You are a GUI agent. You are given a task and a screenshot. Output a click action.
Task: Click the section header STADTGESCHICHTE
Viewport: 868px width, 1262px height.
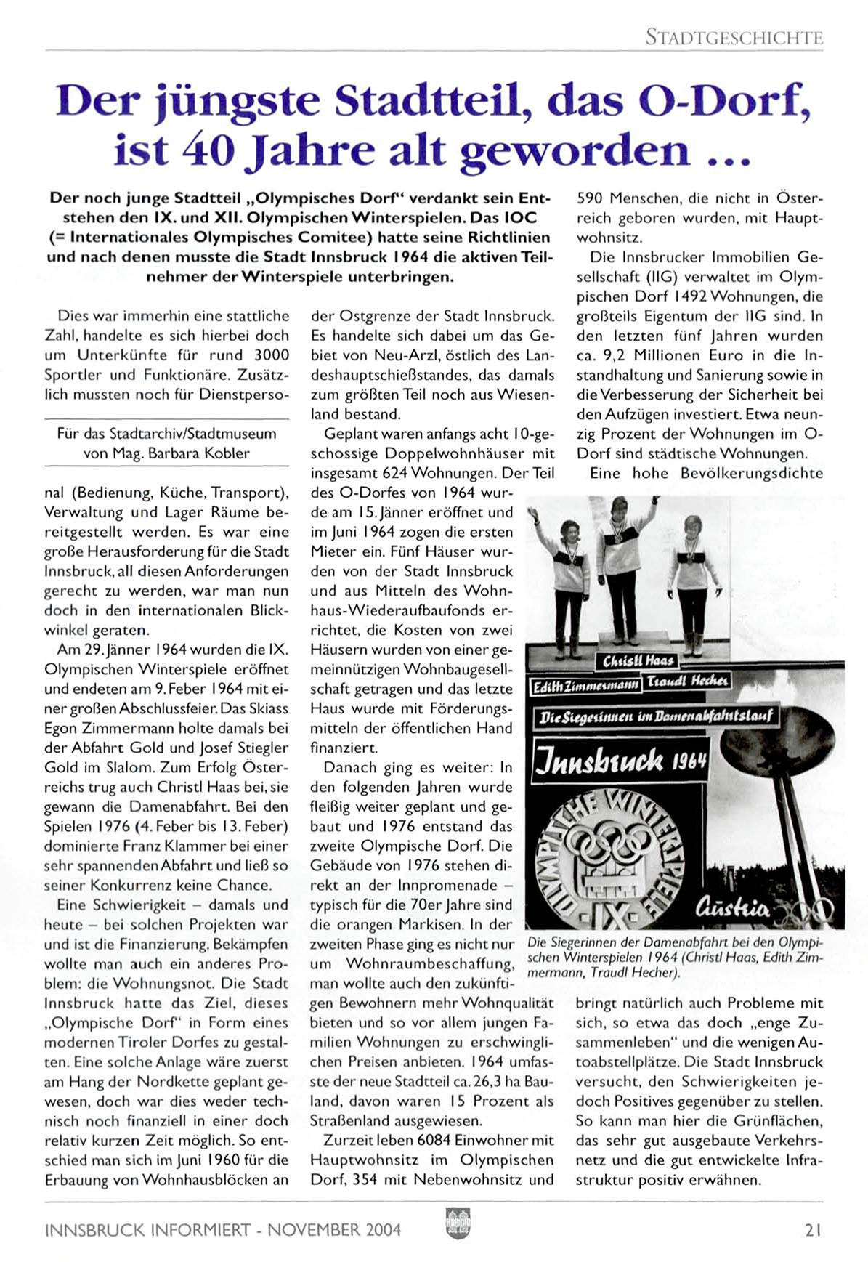[734, 37]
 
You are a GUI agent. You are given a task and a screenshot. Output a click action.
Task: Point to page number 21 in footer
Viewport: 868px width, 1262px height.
[813, 1230]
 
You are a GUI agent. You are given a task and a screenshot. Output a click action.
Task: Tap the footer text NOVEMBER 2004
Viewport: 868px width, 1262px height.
[334, 1230]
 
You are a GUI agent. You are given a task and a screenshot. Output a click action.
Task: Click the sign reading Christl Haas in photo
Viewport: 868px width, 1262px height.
[638, 660]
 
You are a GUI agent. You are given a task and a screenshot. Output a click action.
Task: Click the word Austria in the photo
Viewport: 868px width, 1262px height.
[732, 907]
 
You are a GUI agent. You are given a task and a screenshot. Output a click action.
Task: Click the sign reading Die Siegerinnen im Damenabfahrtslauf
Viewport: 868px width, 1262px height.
[652, 717]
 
